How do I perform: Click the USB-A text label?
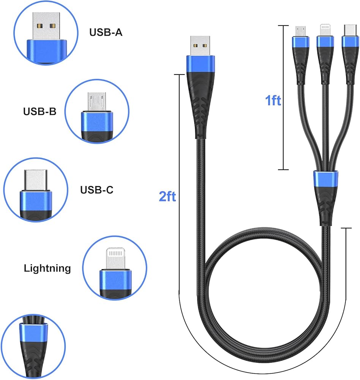coord(106,32)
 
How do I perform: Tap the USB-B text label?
coord(40,111)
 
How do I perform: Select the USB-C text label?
coord(97,190)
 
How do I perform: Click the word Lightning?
coord(47,269)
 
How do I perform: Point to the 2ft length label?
coord(167,196)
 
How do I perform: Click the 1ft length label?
coord(273,100)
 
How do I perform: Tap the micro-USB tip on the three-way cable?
coord(300,31)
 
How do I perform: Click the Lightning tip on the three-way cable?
coord(325,30)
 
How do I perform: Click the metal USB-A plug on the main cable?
coord(200,46)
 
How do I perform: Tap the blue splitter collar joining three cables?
coord(325,179)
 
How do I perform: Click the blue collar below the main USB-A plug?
coord(201,64)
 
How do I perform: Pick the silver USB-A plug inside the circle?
coord(46,26)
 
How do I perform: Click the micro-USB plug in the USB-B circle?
coord(97,101)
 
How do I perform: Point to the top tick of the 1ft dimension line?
coord(283,25)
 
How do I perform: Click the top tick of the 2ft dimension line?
coord(179,74)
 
